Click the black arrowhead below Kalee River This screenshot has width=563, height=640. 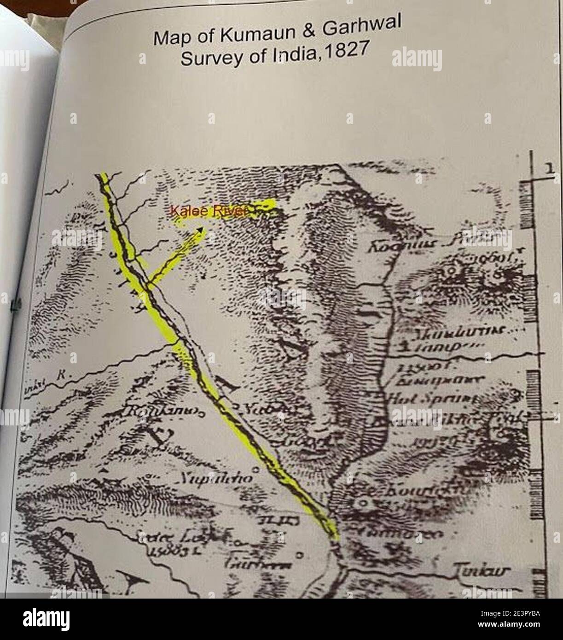[x=201, y=228]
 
